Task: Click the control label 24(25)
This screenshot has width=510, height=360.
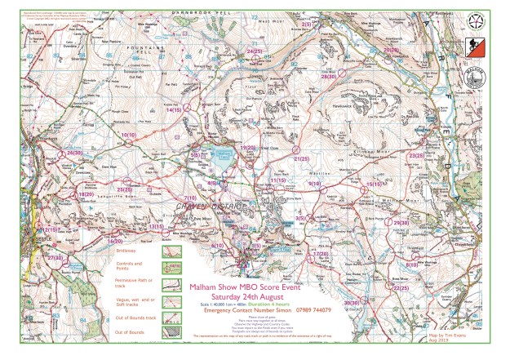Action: tap(254, 51)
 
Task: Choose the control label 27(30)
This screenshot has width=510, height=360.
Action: tap(55, 257)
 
